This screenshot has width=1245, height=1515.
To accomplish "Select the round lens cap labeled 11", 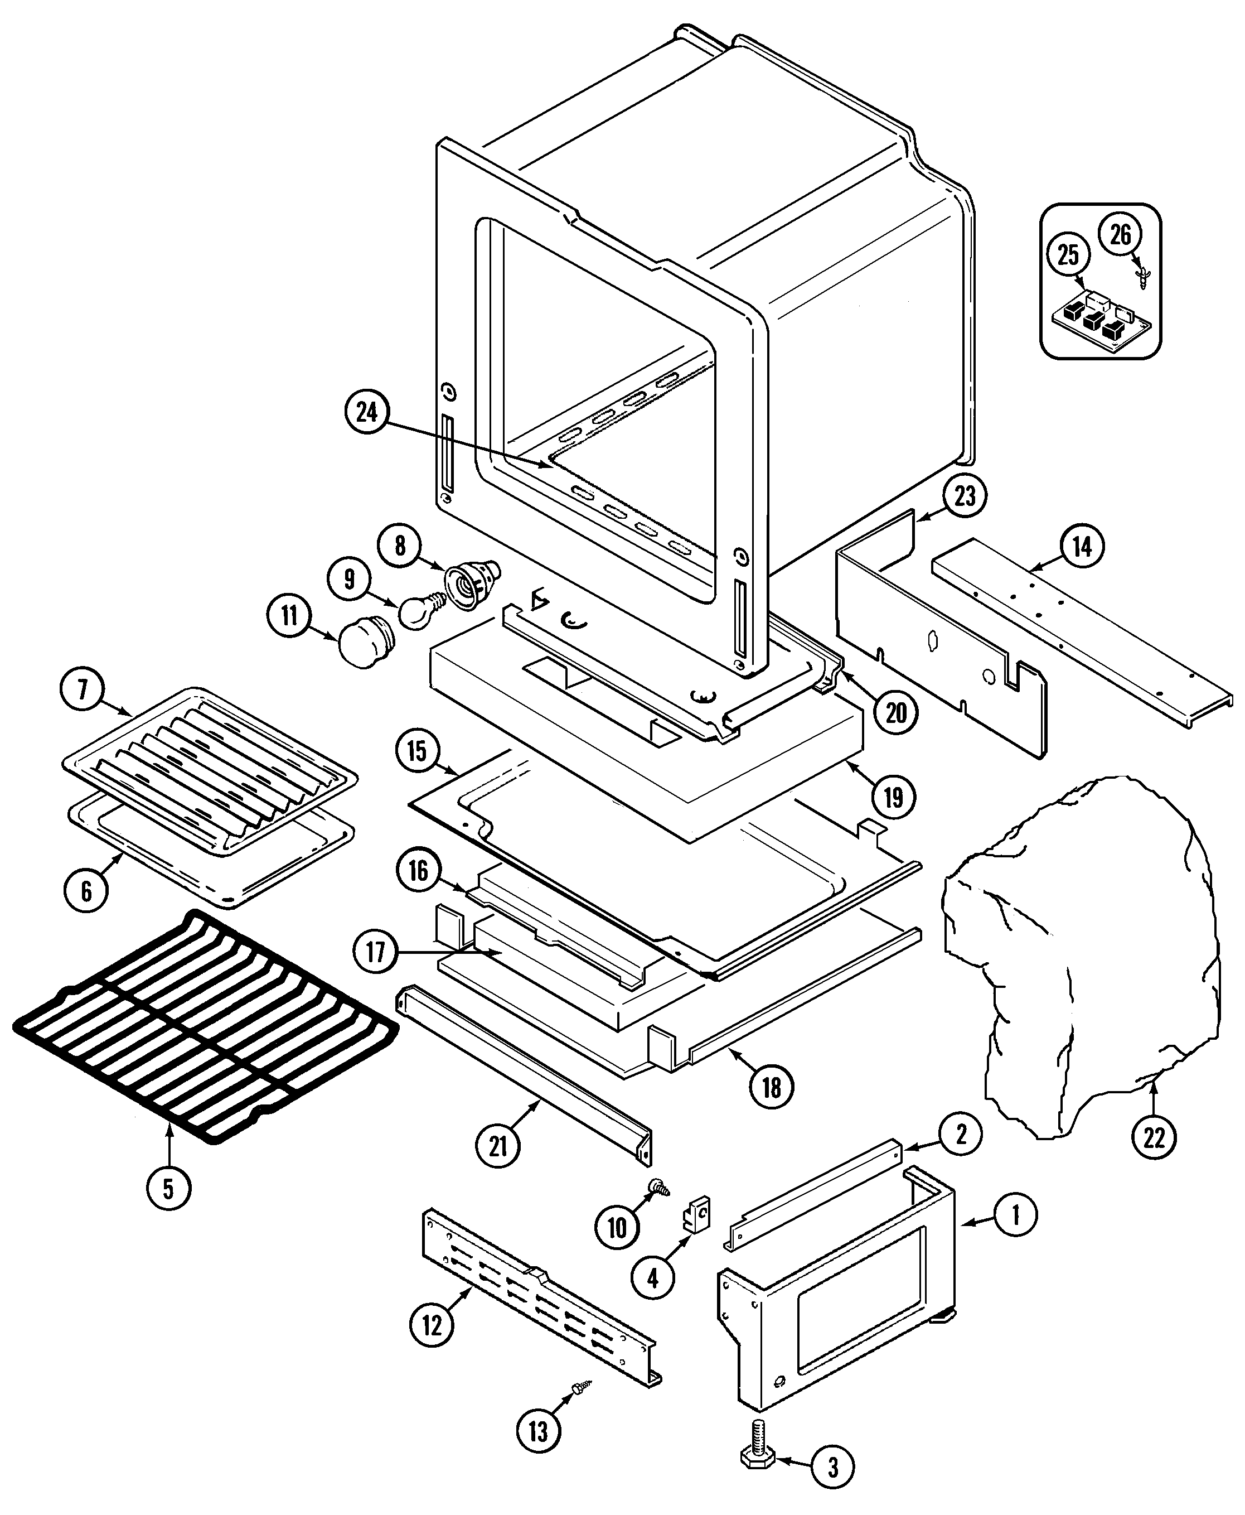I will coord(364,644).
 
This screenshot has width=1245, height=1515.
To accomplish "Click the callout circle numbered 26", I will coord(1120,235).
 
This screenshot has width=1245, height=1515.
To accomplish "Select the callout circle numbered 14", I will coord(1082,547).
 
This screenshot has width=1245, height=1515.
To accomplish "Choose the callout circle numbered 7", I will coord(83,689).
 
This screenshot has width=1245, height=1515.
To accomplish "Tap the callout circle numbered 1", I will coord(1015,1215).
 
